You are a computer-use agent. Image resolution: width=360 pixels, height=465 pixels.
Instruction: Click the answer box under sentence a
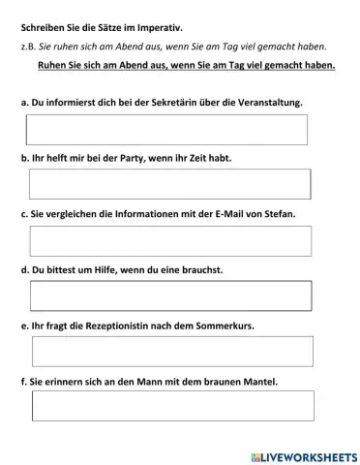pyautogui.click(x=167, y=129)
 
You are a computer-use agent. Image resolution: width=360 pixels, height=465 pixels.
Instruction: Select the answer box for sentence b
pyautogui.click(x=170, y=184)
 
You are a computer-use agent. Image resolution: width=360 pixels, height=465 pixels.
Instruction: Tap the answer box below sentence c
pyautogui.click(x=170, y=240)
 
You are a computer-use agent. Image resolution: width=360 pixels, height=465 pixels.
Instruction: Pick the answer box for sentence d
pyautogui.click(x=170, y=295)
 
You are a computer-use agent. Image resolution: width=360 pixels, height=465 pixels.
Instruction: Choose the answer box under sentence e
pyautogui.click(x=172, y=352)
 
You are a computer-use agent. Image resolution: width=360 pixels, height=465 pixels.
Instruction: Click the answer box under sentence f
pyautogui.click(x=172, y=406)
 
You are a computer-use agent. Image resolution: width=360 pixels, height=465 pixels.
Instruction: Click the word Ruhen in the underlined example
pyautogui.click(x=51, y=66)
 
